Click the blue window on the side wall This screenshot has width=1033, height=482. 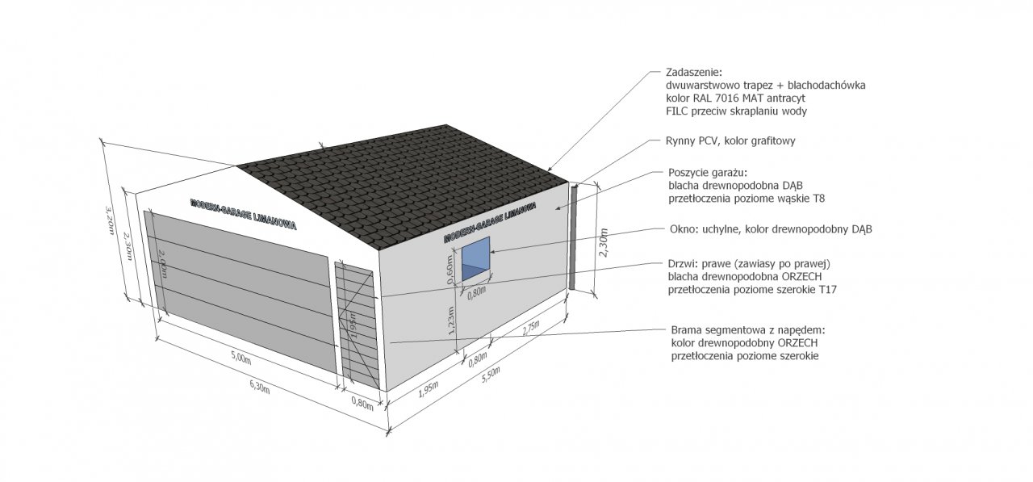click(x=475, y=258)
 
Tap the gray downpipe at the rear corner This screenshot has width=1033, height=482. click(x=572, y=237)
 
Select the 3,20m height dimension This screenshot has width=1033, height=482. click(x=109, y=220)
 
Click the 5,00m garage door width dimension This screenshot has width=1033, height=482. click(x=240, y=357)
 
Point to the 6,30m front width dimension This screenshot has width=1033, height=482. click(x=260, y=388)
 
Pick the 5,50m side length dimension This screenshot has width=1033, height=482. click(x=491, y=375)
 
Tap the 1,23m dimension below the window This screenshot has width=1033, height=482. click(x=451, y=320)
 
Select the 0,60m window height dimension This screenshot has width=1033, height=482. click(x=450, y=268)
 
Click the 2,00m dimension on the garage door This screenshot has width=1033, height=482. click(x=162, y=264)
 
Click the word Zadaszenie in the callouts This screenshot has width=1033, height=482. click(x=693, y=73)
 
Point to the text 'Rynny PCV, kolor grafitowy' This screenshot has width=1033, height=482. click(x=730, y=140)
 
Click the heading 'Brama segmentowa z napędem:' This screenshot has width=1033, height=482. click(x=747, y=330)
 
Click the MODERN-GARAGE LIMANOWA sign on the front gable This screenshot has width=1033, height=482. click(x=243, y=215)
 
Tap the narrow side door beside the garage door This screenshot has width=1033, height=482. click(x=359, y=325)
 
